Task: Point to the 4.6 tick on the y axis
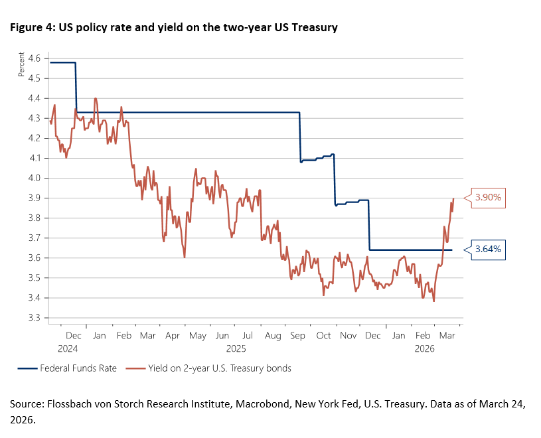click(x=33, y=58)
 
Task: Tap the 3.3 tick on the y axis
click(x=33, y=318)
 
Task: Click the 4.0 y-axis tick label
click(x=33, y=178)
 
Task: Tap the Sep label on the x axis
click(x=298, y=336)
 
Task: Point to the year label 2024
click(x=67, y=347)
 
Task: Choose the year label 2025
click(x=236, y=347)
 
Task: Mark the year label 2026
click(x=425, y=347)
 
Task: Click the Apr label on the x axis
click(x=172, y=336)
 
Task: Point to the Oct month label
click(x=323, y=336)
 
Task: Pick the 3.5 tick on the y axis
click(x=33, y=278)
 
